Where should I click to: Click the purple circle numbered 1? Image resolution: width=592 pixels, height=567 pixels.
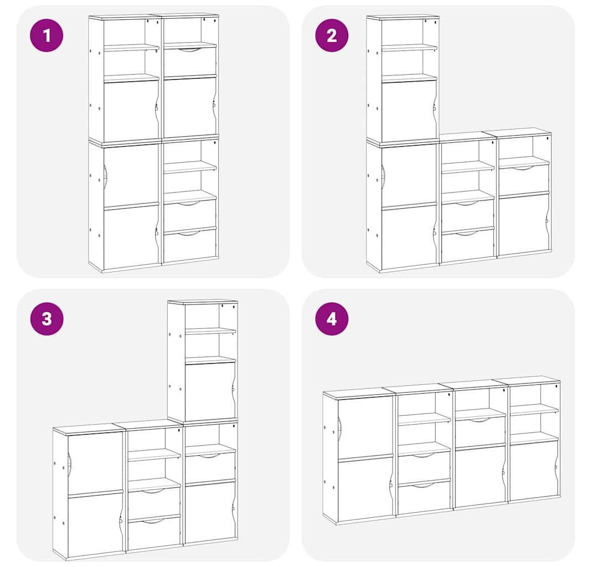tap(47, 35)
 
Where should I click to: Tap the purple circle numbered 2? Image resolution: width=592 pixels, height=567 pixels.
tap(332, 35)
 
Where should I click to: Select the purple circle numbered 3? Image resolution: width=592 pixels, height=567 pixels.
tap(47, 318)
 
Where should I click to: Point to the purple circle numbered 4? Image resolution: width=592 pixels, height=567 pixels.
tap(332, 318)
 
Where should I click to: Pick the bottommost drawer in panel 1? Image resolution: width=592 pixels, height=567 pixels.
tap(190, 244)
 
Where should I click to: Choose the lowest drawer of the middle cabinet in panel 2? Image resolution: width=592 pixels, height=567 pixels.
tap(468, 245)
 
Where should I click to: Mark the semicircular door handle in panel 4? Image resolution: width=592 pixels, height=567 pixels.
tap(340, 429)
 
